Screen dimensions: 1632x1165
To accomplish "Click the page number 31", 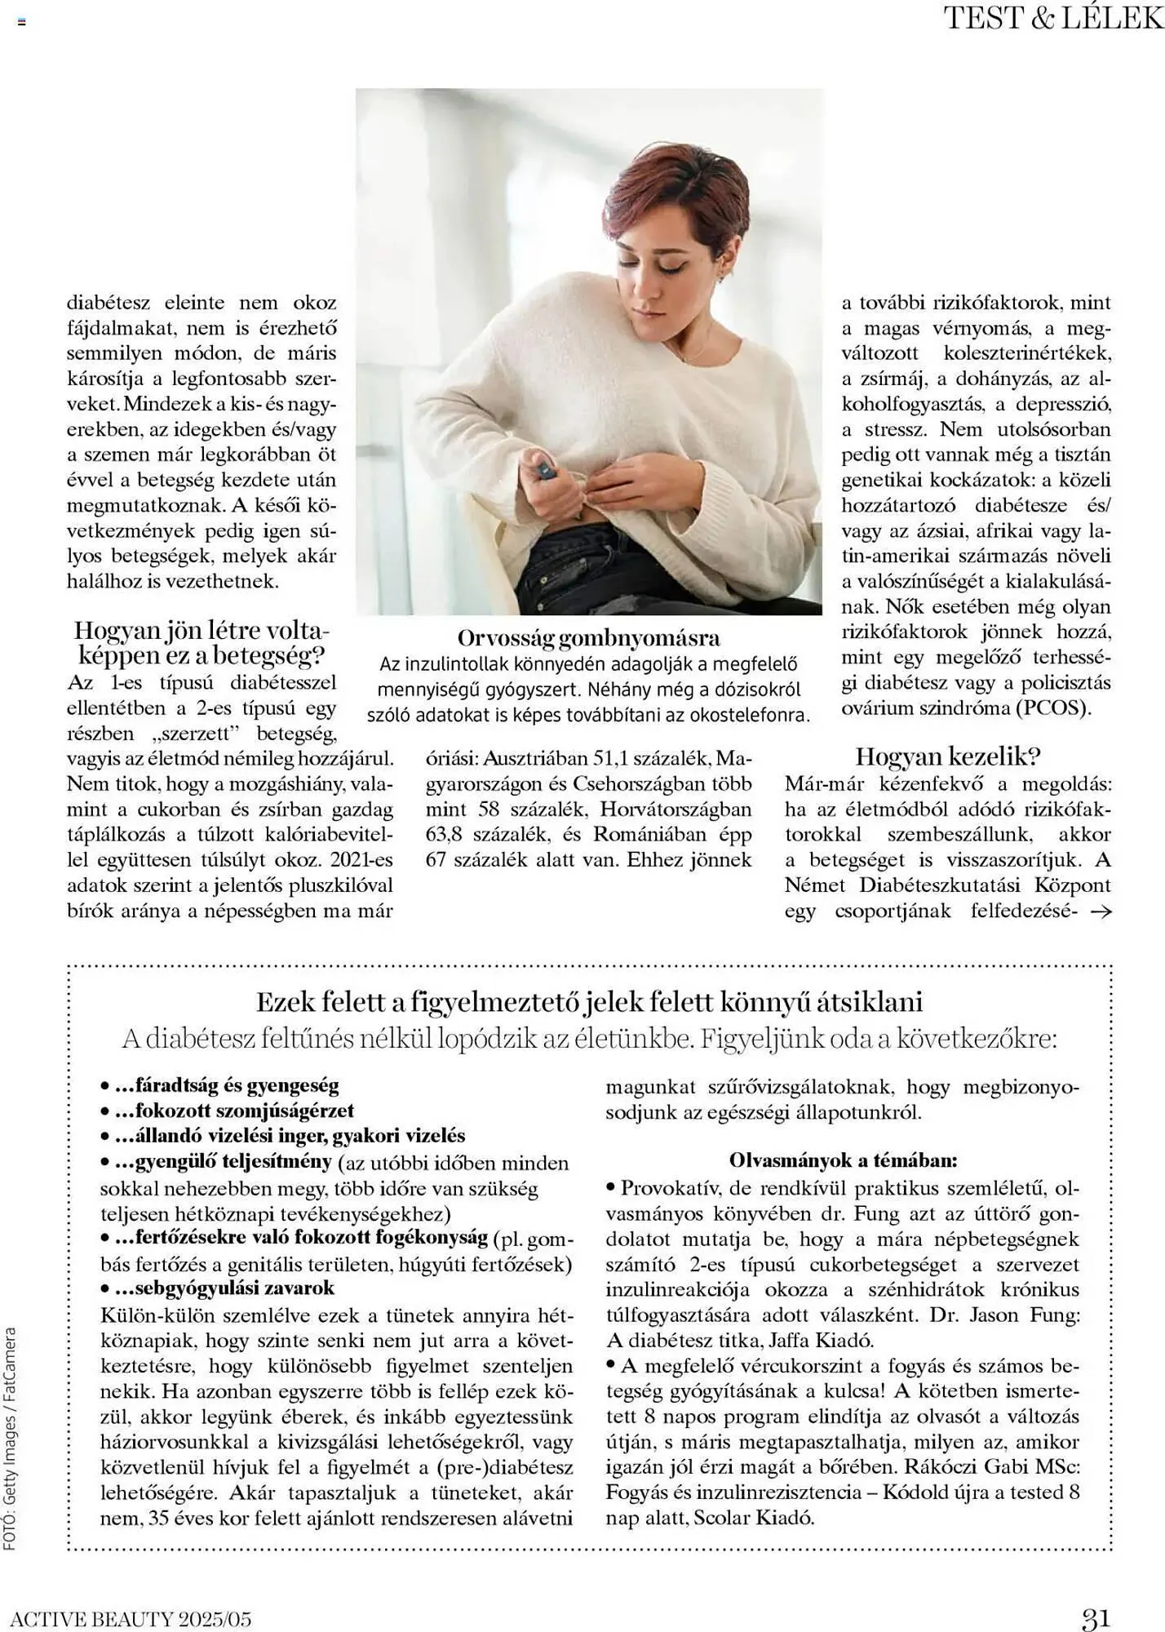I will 1096,1617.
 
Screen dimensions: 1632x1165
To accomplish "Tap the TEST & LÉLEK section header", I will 1053,18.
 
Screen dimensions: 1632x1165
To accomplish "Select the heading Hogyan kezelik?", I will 948,756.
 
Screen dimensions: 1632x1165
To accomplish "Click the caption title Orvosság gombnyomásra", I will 588,637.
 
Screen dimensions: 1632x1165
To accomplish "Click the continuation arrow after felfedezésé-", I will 1101,912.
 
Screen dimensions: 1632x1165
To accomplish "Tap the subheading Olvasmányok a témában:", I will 843,1160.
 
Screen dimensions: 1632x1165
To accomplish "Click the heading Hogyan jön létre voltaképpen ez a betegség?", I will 200,643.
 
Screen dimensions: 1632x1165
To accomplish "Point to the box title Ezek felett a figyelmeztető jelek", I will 589,1002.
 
